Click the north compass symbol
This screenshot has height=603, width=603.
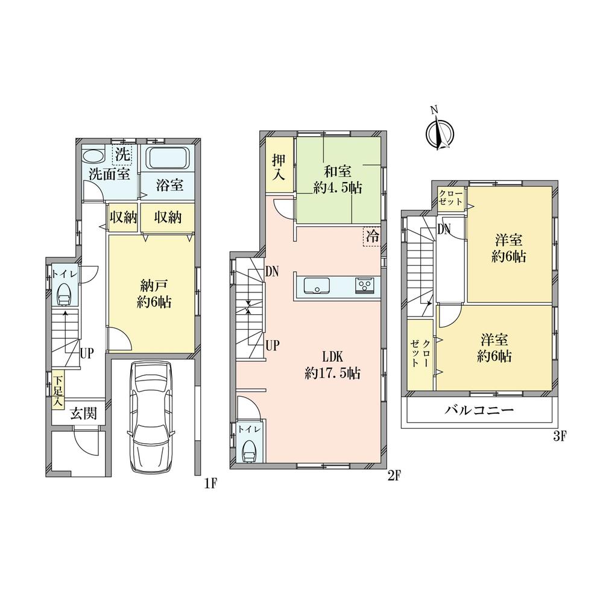click(x=440, y=133)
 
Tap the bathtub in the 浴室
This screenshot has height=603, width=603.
click(x=169, y=157)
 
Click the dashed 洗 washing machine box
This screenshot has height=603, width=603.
click(x=122, y=154)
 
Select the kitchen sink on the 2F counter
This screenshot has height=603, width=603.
click(x=317, y=286)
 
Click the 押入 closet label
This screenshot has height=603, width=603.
click(x=279, y=168)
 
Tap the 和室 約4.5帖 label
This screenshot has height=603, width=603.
click(x=337, y=180)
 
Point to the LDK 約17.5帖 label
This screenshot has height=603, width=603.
click(x=332, y=365)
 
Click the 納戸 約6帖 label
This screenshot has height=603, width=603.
click(x=154, y=294)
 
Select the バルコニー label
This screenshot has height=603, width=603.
click(x=479, y=410)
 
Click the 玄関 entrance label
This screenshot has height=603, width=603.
click(x=83, y=414)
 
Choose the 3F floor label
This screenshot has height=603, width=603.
click(x=560, y=437)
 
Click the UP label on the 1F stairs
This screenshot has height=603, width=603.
click(x=86, y=353)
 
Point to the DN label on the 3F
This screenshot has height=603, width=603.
click(x=444, y=230)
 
